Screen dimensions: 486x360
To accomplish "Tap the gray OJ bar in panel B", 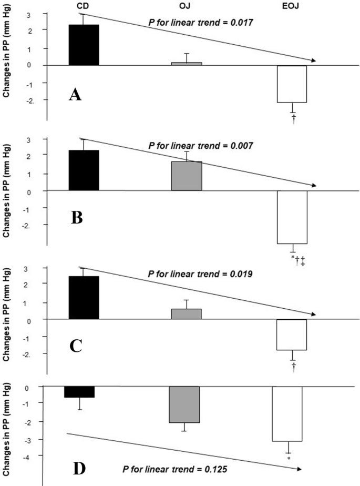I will [187, 176].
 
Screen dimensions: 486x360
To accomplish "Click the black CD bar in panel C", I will [84, 297].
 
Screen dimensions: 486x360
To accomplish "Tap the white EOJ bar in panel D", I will [287, 413].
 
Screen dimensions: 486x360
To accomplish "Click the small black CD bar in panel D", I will [79, 392].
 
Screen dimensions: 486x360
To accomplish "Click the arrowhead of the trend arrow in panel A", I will [313, 61].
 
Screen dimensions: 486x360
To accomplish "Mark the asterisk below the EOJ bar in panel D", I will [289, 459].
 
